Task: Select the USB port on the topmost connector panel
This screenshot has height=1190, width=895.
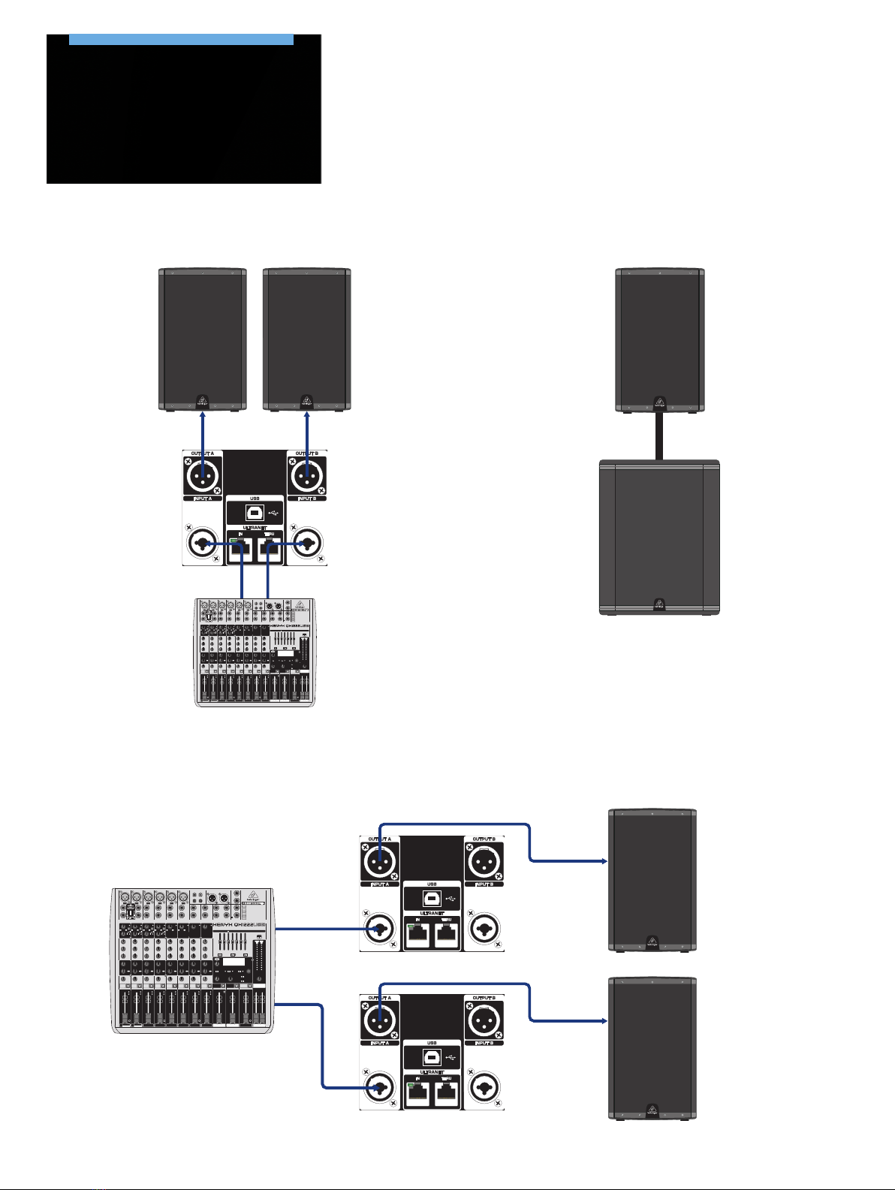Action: pos(255,513)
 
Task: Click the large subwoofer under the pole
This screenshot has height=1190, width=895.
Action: pos(659,538)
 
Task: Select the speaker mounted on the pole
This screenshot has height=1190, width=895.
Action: pos(659,339)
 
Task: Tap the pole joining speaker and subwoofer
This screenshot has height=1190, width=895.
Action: pos(659,436)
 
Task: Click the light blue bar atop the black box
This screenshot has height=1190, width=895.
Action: pos(181,39)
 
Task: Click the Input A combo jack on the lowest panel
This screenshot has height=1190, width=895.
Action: pos(380,1086)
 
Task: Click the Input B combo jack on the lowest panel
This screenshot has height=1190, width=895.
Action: pos(484,1086)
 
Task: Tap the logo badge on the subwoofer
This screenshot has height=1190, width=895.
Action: pos(659,603)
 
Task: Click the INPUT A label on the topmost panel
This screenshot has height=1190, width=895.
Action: pos(203,499)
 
